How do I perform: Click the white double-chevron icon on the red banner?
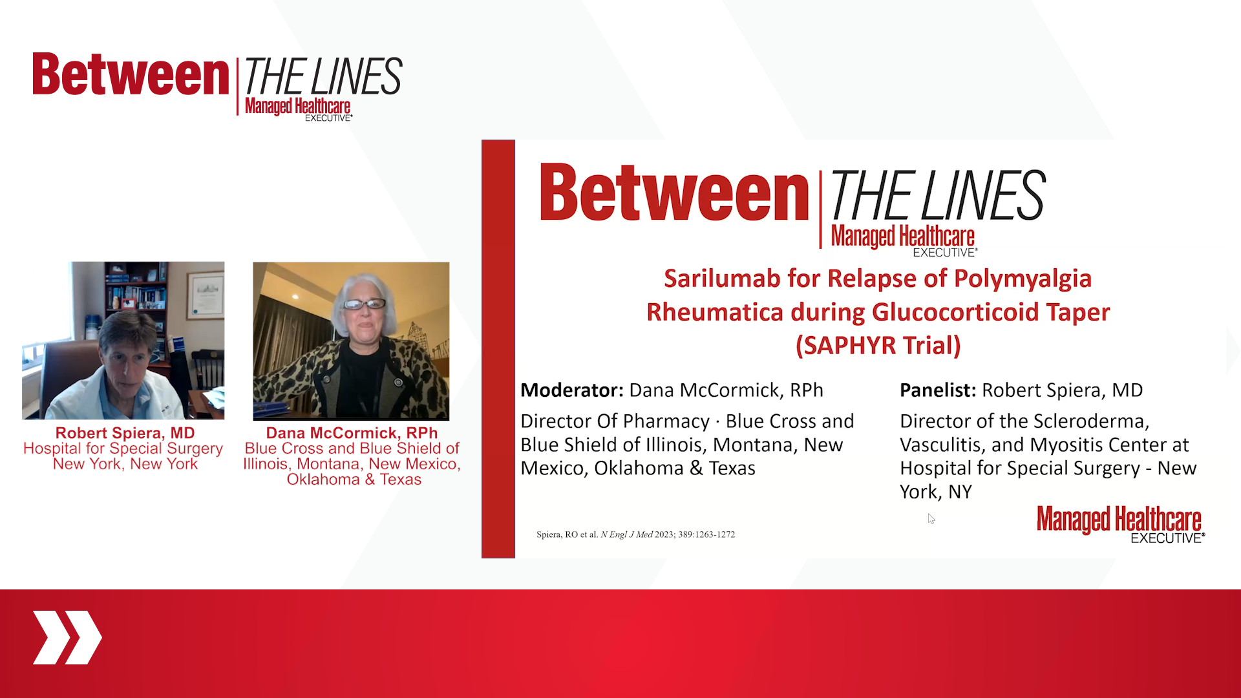point(67,637)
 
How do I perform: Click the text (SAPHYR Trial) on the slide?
point(878,345)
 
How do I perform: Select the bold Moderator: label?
point(571,390)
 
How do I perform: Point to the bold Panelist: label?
point(937,390)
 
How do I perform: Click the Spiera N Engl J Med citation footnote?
point(635,534)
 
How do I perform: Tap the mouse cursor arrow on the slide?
point(931,518)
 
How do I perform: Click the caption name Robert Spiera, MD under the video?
point(125,433)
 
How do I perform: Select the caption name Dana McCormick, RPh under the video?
point(352,433)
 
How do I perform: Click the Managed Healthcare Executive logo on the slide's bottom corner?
point(1119,524)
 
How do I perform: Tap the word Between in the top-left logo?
point(131,75)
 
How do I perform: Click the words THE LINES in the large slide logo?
point(937,195)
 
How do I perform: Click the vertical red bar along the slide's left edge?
point(498,349)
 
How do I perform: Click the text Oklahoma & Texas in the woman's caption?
point(354,480)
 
